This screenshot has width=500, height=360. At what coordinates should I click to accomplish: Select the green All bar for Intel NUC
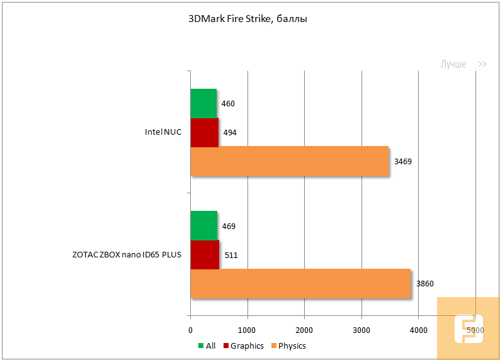pyautogui.click(x=203, y=103)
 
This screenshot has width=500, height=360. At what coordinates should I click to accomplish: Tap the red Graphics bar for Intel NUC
pyautogui.click(x=204, y=132)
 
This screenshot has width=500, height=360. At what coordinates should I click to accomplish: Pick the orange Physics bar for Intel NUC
pyautogui.click(x=290, y=161)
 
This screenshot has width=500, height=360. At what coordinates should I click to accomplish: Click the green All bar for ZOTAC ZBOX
pyautogui.click(x=203, y=226)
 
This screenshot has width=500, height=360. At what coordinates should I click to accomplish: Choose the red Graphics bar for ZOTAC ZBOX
pyautogui.click(x=205, y=255)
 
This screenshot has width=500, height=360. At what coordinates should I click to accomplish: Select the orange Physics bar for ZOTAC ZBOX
pyautogui.click(x=300, y=283)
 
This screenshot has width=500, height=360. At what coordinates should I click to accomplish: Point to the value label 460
pyautogui.click(x=228, y=104)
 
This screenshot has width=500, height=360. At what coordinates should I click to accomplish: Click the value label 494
pyautogui.click(x=230, y=133)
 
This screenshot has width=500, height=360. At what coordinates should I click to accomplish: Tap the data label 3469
pyautogui.click(x=402, y=162)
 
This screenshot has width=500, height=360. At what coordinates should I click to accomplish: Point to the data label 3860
pyautogui.click(x=424, y=284)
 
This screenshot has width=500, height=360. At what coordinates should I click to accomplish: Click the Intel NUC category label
pyautogui.click(x=162, y=133)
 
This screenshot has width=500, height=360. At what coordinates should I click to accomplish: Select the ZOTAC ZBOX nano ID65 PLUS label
pyautogui.click(x=127, y=255)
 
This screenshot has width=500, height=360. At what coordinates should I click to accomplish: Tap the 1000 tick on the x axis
pyautogui.click(x=247, y=330)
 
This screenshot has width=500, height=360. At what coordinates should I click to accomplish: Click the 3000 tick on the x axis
pyautogui.click(x=361, y=330)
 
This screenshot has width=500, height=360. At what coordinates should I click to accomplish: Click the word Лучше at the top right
pyautogui.click(x=453, y=64)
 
